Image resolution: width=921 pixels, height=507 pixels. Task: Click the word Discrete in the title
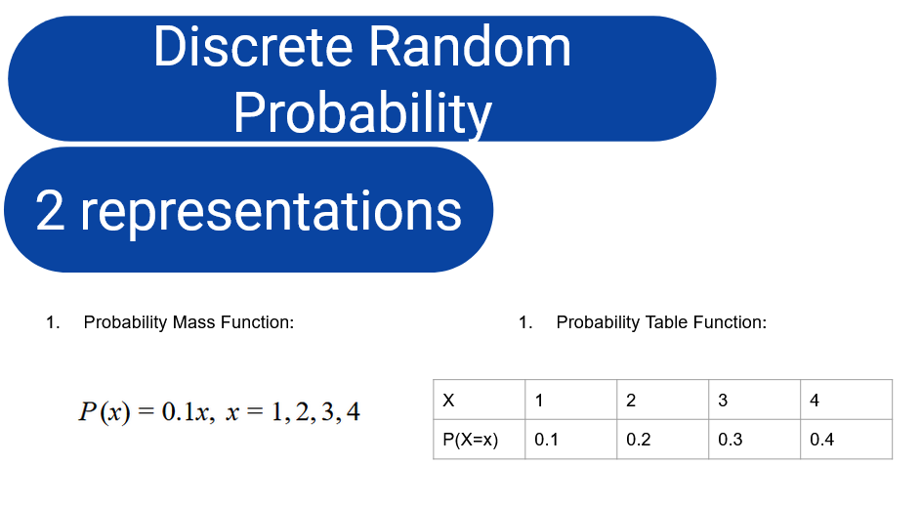[x=253, y=47]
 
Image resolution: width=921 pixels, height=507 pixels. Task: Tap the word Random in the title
[x=470, y=47]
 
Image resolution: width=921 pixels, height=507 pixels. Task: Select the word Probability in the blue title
[x=362, y=113]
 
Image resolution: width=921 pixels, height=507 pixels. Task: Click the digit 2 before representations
[x=50, y=210]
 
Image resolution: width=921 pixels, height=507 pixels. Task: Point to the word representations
[x=271, y=213]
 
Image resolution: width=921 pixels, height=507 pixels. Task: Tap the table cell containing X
[x=480, y=400]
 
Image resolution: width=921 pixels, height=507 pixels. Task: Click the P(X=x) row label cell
[x=480, y=439]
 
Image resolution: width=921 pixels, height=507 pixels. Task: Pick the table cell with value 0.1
[x=571, y=439]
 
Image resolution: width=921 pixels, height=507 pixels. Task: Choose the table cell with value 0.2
[x=662, y=439]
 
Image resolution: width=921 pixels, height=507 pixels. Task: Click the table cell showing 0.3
[x=754, y=439]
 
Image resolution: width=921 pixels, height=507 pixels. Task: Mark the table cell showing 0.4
[x=846, y=439]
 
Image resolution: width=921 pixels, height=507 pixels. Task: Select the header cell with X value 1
[x=571, y=400]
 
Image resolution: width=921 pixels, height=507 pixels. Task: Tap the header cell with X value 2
[x=662, y=400]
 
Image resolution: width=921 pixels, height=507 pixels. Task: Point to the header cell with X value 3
[x=754, y=400]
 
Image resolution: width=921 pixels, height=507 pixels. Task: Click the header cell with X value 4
[x=846, y=400]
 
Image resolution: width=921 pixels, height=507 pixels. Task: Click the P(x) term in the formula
[x=105, y=412]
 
